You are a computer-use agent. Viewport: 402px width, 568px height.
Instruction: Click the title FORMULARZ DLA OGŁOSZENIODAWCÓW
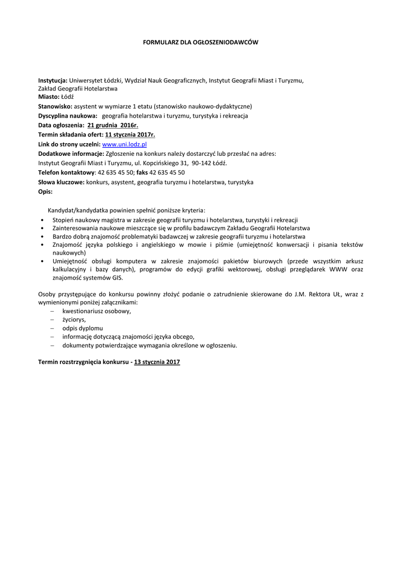pos(201,42)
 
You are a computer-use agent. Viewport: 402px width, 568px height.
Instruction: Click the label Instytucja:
pos(53,80)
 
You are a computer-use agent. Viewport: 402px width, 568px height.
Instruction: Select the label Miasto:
pos(48,97)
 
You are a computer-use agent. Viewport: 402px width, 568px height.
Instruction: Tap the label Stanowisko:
pos(55,106)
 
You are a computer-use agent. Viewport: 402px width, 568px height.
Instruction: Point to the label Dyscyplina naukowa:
pos(68,115)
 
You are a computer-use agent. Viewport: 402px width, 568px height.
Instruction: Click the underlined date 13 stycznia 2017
pos(157,362)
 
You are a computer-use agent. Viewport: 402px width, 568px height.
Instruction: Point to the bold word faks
pos(142,173)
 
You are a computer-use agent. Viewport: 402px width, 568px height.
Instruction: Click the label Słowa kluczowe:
pos(61,182)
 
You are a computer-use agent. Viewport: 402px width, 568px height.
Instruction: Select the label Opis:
pos(45,191)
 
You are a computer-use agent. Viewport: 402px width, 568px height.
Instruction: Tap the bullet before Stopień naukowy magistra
pos(43,220)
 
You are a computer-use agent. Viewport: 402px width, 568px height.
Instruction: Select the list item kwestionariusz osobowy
pos(96,311)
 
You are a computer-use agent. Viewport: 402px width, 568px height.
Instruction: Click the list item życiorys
pos(74,319)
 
